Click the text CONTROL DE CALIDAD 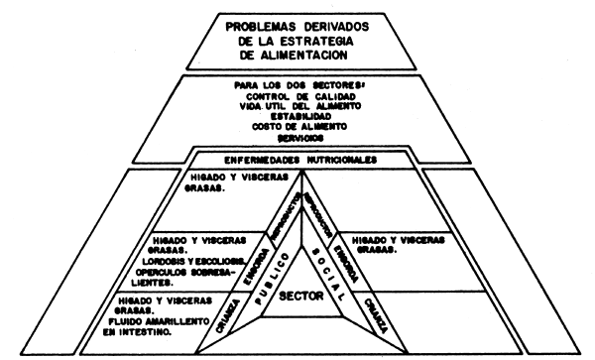297,98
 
